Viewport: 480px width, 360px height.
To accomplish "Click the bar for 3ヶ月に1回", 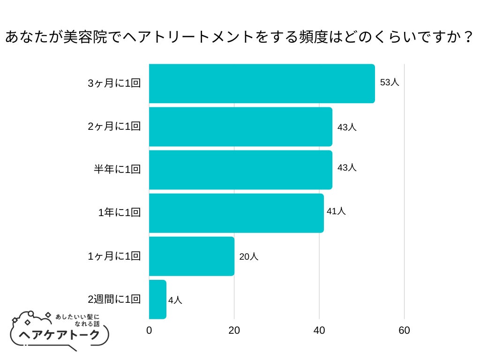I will point(262,83).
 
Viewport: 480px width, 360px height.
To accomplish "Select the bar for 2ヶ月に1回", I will point(240,127).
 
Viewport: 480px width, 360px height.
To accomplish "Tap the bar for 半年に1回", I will point(240,170).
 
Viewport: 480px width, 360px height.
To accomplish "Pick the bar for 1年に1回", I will point(236,213).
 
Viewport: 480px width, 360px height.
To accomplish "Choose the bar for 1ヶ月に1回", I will point(192,256).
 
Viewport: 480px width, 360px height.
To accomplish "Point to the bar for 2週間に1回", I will point(157,299).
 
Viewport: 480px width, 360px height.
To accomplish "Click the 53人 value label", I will point(390,82).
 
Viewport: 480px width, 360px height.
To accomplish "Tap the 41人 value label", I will point(336,211).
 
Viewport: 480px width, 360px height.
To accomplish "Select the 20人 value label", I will point(248,257).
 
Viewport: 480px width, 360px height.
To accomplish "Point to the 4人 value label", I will point(175,300).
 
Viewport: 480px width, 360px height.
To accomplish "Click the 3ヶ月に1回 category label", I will point(114,83).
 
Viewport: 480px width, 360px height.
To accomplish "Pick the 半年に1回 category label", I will point(117,170).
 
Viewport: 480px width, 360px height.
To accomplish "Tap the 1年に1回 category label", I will point(120,213).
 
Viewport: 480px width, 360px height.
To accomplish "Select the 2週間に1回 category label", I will point(114,299).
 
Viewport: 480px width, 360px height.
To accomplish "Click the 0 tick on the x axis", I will point(149,330).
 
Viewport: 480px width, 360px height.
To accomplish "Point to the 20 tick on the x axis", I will point(234,330).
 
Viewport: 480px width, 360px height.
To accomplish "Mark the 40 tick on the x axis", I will point(319,330).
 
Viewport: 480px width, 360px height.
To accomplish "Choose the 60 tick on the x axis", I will point(404,330).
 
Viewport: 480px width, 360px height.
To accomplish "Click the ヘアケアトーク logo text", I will point(60,335).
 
